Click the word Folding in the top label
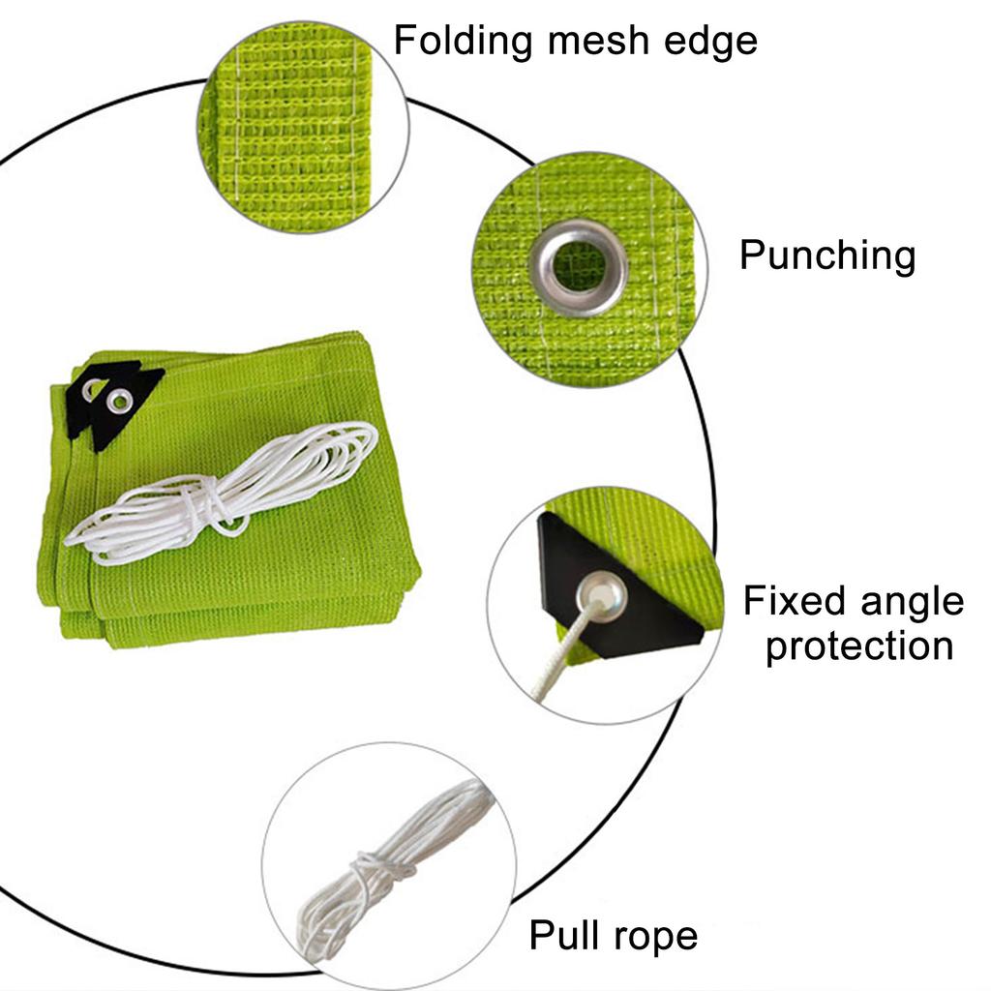pos(463,42)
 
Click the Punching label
pos(827,256)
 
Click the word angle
pos(913,603)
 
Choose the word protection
pos(859,646)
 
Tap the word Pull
pos(562,935)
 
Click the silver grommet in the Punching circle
pos(579,267)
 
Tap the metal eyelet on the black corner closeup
pos(601,596)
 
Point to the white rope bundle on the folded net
pos(222,493)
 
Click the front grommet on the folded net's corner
pos(119,400)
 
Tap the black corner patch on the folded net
pos(114,401)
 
